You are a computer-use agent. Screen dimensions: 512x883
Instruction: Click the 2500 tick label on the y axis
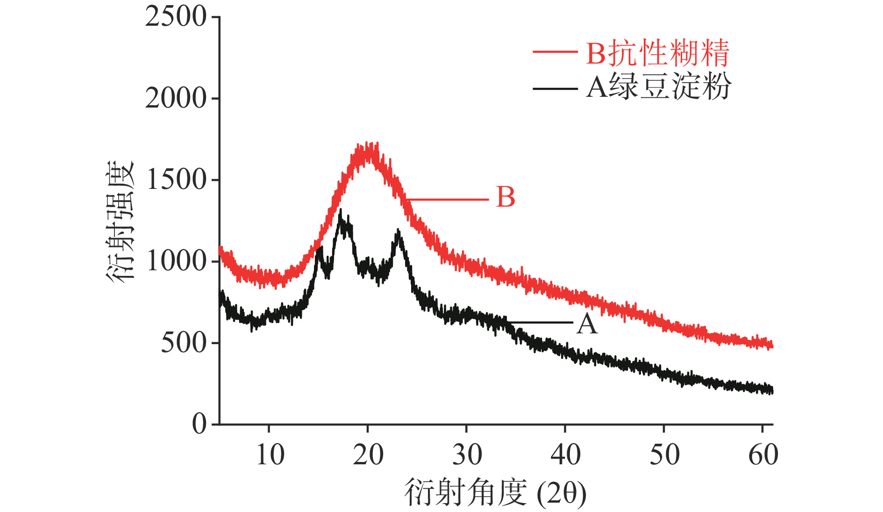point(176,17)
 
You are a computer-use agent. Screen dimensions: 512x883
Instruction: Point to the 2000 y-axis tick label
point(176,99)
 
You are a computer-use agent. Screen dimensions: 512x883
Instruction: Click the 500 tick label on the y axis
point(184,343)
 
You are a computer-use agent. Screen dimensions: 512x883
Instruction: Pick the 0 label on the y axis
point(199,424)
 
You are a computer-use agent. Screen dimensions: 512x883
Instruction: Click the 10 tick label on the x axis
point(270,454)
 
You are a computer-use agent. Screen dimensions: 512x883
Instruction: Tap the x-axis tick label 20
point(368,454)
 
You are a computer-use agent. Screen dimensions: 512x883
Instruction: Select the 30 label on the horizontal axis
point(467,454)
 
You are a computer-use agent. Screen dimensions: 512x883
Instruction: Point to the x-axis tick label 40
point(565,454)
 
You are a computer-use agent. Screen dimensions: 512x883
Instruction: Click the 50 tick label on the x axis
point(664,454)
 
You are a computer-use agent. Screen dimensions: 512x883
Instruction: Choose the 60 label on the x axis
point(763,454)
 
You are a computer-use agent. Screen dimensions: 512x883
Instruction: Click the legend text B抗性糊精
point(657,53)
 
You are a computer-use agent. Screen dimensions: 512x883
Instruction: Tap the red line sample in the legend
point(555,52)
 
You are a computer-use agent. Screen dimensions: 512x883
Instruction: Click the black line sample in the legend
point(555,87)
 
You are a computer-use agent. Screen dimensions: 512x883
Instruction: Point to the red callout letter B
point(506,197)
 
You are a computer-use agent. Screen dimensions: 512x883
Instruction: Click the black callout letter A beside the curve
point(587,324)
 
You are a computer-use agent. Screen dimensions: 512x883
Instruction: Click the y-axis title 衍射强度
point(120,221)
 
